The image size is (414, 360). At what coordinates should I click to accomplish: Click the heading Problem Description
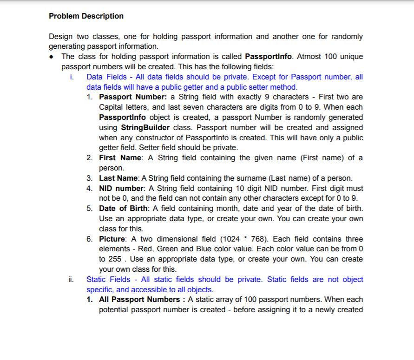(x=86, y=16)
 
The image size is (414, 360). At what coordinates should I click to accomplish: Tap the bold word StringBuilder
(x=145, y=127)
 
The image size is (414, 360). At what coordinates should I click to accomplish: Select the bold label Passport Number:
(x=133, y=97)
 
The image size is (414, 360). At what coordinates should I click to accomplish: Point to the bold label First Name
(x=120, y=158)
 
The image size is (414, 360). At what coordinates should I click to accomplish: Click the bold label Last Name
(x=118, y=178)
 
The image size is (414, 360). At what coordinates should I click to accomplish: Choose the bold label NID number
(x=121, y=189)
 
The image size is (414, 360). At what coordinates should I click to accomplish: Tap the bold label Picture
(x=112, y=239)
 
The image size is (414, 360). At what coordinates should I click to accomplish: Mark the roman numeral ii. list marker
(x=71, y=280)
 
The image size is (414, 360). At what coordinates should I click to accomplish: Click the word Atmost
(x=309, y=57)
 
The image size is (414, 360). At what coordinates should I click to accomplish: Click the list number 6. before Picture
(x=90, y=239)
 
